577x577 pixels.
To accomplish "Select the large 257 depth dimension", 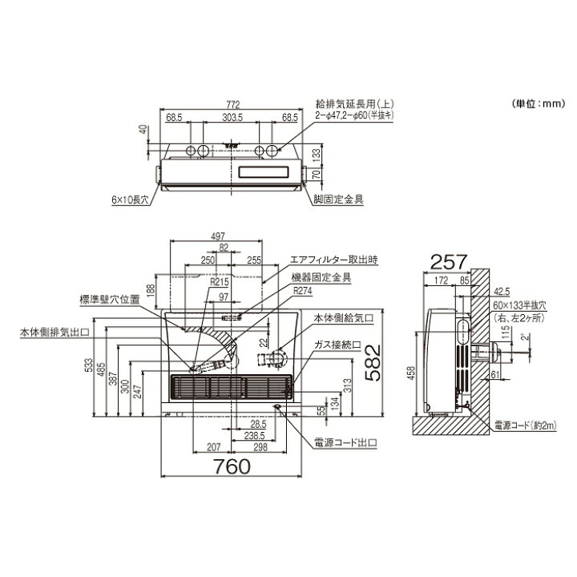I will coord(446,260).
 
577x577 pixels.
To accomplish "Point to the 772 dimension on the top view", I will coord(232,104).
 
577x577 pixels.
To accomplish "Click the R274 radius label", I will coord(303,290).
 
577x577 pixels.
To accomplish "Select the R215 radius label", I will coord(219,283).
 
